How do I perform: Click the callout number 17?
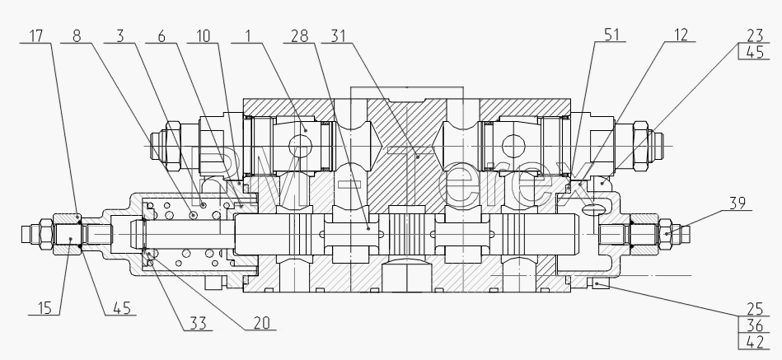(36, 36)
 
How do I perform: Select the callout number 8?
(77, 36)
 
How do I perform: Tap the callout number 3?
(119, 36)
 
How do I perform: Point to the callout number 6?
(161, 36)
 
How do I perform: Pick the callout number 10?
(203, 36)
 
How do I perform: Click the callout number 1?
(247, 36)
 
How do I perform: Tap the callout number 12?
(681, 35)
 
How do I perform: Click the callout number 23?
(755, 35)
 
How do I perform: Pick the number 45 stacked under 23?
(755, 53)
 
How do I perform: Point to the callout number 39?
(738, 203)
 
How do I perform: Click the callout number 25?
(755, 309)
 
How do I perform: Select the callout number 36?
(755, 325)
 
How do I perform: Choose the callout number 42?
(755, 343)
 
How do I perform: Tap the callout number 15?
(44, 308)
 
